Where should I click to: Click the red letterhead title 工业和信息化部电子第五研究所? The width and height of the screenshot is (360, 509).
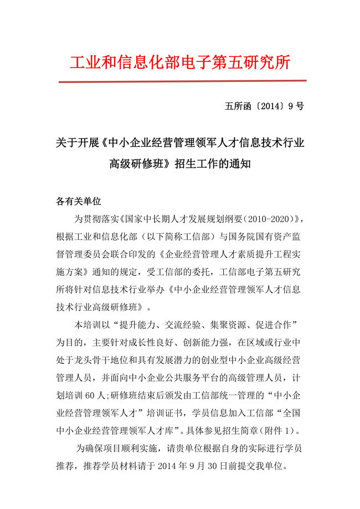point(180,62)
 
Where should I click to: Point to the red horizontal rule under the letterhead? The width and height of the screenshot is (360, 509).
point(182,81)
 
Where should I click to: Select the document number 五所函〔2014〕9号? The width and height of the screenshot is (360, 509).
point(265,106)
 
